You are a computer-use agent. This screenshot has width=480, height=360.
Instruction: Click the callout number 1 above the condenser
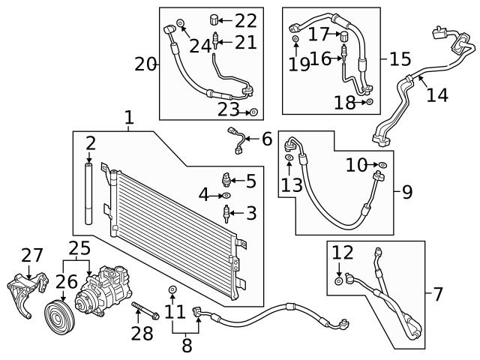pyautogui.click(x=129, y=118)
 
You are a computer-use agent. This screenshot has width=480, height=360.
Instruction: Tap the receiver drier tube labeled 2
pyautogui.click(x=90, y=195)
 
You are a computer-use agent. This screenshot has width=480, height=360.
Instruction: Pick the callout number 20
pyautogui.click(x=145, y=64)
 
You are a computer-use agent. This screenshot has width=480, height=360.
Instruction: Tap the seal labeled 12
pyautogui.click(x=338, y=281)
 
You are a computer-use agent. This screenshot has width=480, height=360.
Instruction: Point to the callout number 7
pyautogui.click(x=439, y=294)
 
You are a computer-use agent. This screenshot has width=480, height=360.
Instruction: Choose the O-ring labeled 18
pyautogui.click(x=370, y=102)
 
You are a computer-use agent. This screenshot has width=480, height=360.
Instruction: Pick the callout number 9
pyautogui.click(x=406, y=193)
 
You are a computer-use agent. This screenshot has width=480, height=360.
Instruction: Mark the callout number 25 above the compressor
pyautogui.click(x=79, y=247)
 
